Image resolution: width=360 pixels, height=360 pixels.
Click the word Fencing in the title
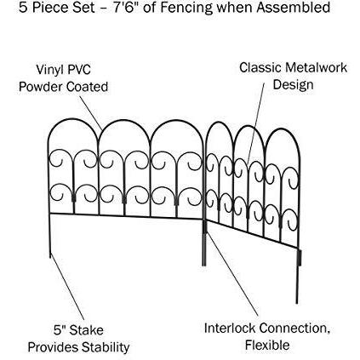(186, 8)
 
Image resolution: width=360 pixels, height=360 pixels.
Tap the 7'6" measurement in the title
(125, 7)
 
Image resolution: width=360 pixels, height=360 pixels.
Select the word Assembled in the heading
(294, 7)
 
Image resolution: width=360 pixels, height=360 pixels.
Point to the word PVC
(80, 69)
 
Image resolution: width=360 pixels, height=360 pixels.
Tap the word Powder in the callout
(41, 87)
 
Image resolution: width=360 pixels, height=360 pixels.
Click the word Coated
(87, 87)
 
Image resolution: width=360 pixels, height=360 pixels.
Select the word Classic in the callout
(260, 67)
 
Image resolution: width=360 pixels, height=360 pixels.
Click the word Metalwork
(316, 67)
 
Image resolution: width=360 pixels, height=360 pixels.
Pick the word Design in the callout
(293, 85)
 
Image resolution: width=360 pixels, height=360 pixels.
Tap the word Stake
(86, 330)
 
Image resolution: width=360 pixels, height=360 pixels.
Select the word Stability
(106, 347)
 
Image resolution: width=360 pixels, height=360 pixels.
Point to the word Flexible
(267, 346)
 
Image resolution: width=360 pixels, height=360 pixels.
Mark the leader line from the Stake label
(67, 288)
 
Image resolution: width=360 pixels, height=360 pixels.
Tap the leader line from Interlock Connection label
(232, 274)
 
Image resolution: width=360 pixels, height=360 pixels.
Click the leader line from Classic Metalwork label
(255, 123)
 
